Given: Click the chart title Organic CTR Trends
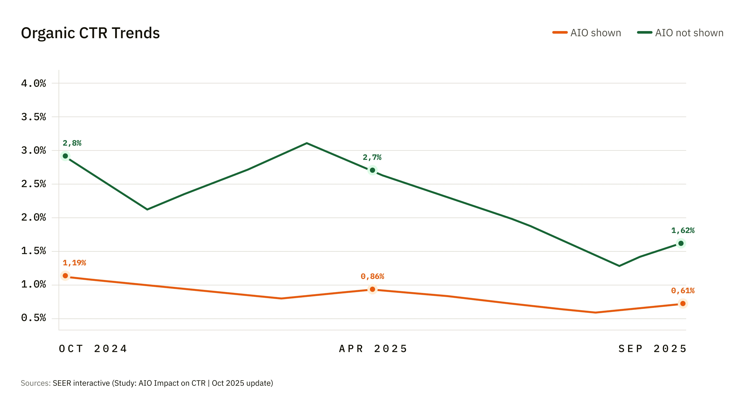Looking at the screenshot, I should click(90, 33).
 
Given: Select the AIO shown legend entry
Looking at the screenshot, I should click(587, 33).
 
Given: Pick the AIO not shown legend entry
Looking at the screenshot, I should click(680, 33).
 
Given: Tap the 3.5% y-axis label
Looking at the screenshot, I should click(34, 117).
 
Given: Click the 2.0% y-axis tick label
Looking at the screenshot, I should click(34, 217).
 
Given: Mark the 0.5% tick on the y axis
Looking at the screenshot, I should click(34, 318).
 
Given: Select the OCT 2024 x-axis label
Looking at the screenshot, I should click(93, 349).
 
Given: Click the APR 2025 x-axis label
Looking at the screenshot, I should click(373, 349).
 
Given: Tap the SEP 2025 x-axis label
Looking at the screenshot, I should click(653, 349).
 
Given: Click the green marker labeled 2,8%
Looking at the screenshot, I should click(65, 156).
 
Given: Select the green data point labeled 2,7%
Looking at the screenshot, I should click(372, 170).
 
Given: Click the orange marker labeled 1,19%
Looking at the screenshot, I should click(65, 275).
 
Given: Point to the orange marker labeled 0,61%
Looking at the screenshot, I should click(683, 303).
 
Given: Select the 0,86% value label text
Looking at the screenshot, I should click(372, 276).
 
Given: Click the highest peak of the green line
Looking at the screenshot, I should click(307, 143).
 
